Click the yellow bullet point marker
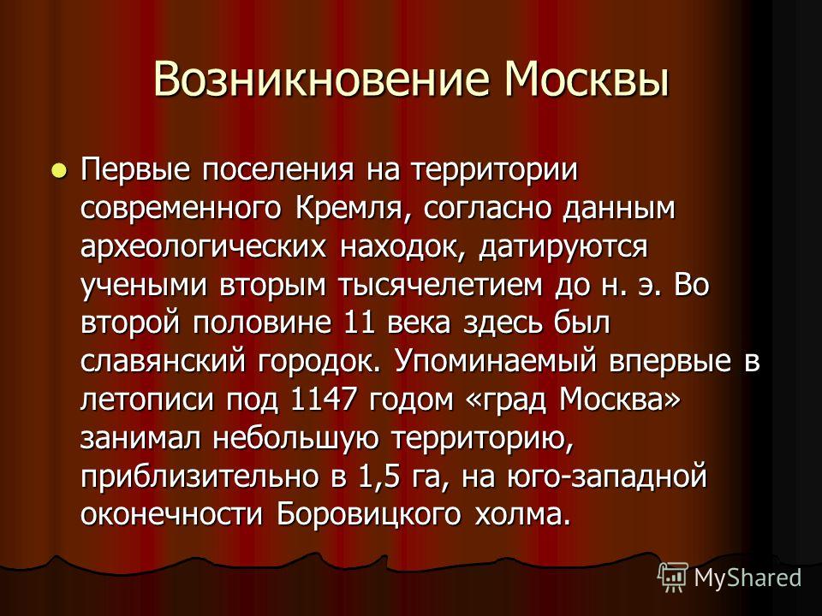59,170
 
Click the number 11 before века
359,323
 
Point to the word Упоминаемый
496,361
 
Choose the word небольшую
295,438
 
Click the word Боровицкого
368,515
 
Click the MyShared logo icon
673,577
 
